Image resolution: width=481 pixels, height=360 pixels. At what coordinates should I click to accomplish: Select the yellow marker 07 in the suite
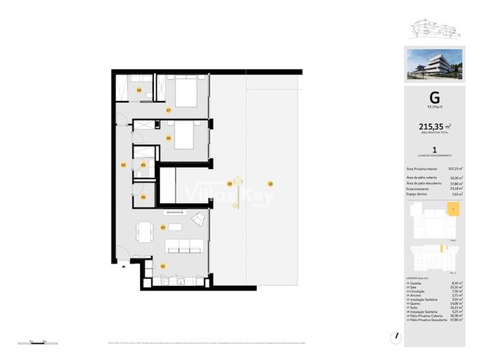167,110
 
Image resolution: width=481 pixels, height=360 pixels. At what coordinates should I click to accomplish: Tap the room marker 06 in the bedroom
167,138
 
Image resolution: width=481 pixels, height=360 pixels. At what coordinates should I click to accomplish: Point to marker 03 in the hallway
123,165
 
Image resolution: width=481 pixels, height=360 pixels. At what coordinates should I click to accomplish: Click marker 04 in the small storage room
143,197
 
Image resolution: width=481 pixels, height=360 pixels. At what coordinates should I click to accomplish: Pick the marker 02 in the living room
163,227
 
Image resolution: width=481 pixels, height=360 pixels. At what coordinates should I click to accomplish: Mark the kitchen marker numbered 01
163,266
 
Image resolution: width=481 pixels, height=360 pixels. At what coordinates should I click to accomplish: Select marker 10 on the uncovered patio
271,183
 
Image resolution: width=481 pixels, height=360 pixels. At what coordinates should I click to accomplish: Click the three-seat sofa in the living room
186,245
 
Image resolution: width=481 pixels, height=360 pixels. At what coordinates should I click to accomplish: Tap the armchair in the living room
199,220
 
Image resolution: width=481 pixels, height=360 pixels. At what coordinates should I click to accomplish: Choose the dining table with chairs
144,232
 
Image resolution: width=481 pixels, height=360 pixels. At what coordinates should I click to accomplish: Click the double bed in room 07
186,91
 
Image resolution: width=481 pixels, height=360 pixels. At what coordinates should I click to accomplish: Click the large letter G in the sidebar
434,97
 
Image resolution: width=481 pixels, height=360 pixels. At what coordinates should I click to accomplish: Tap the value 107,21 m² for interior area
455,168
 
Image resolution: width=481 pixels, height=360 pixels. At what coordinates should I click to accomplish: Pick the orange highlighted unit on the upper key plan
452,209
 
